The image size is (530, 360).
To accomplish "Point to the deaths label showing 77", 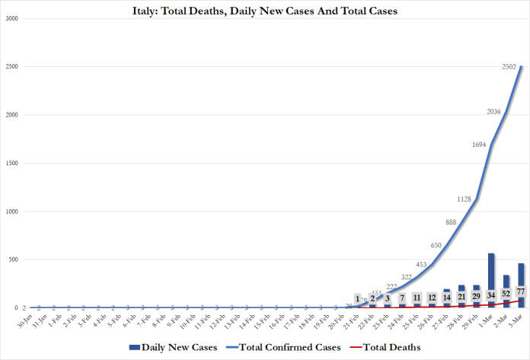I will click(x=520, y=292).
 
